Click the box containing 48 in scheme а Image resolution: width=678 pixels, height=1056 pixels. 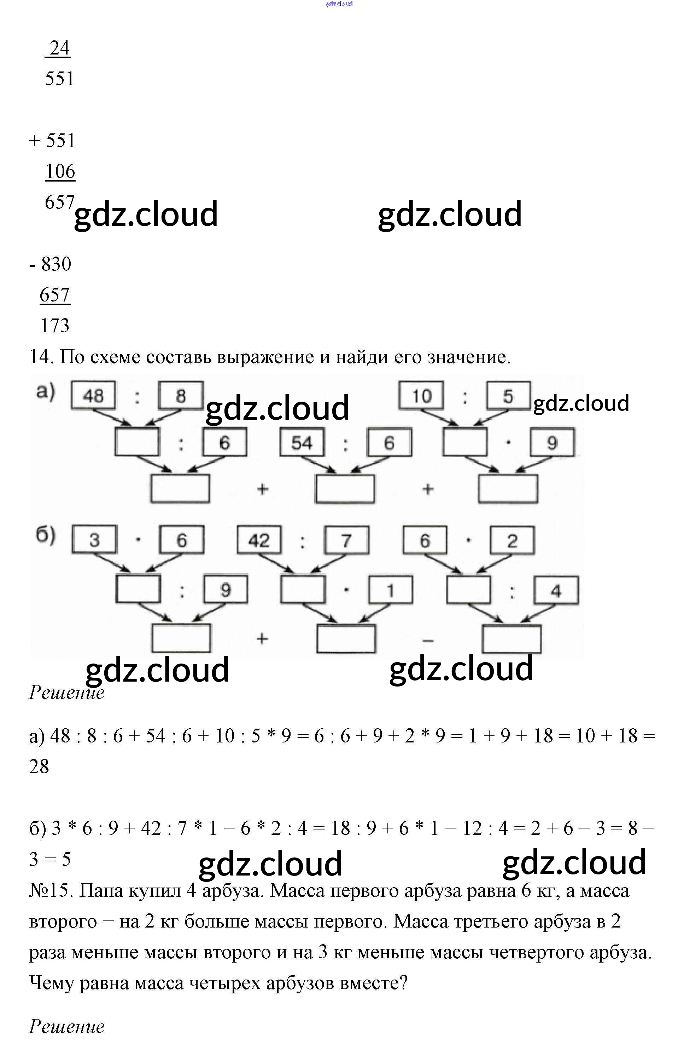[93, 395]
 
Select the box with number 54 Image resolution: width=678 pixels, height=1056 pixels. [302, 442]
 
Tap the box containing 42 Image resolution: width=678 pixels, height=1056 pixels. [259, 539]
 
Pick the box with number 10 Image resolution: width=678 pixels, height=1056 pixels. [421, 395]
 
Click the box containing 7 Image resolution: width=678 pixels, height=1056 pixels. [346, 539]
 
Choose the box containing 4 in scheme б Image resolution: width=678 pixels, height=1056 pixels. [556, 590]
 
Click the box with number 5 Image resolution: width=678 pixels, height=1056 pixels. [508, 395]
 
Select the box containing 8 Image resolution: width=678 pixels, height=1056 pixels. [181, 395]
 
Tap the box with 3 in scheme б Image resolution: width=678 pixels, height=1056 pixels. [94, 539]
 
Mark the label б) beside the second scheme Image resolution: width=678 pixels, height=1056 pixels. [45, 535]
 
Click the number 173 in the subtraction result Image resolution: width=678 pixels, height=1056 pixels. [55, 325]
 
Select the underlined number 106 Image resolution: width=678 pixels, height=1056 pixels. [60, 171]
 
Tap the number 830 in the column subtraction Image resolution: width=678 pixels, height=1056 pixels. [56, 264]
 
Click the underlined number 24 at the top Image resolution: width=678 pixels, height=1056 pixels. [59, 48]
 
